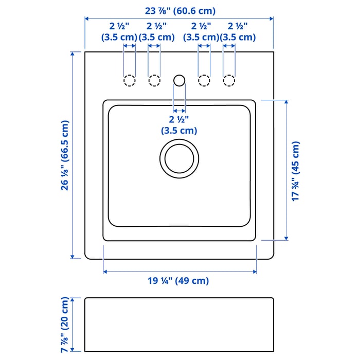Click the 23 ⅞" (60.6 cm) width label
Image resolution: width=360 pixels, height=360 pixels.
point(180,11)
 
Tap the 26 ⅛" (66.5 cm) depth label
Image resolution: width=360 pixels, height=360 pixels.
point(65,155)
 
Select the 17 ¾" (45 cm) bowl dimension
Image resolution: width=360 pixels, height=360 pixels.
point(296,171)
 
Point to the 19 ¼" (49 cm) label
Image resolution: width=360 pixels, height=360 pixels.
point(178,281)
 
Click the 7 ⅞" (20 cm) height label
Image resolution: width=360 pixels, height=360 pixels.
point(65,325)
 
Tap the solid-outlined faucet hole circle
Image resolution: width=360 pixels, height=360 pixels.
point(179,81)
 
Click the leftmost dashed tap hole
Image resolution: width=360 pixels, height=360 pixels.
point(130,81)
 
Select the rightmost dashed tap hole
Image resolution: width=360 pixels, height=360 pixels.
point(229,81)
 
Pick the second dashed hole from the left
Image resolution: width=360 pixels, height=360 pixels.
point(154,81)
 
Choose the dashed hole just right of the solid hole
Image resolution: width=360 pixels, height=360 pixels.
point(204,81)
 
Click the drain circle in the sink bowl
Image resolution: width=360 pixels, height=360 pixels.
point(179,158)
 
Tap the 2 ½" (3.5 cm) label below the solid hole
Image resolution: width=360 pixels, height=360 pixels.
point(179,125)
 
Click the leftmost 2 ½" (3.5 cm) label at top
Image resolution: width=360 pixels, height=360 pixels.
point(119,32)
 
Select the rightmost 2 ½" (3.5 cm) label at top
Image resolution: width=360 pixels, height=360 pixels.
point(238,32)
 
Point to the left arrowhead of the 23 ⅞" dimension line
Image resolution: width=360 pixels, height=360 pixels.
point(87,19)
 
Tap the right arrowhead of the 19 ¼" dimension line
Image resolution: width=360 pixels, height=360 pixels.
point(255,272)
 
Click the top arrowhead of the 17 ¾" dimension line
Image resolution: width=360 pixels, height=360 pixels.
point(286,102)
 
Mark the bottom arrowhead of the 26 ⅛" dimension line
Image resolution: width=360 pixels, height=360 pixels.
point(73,257)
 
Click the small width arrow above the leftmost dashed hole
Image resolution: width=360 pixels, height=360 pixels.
point(130,46)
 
